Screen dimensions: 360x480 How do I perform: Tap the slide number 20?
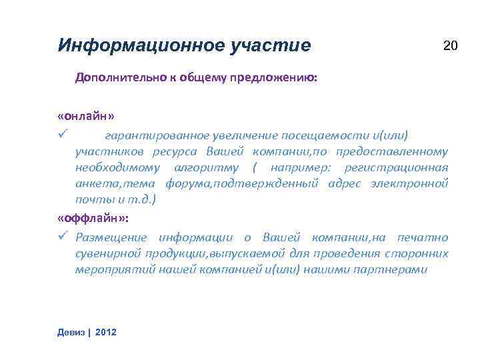[x=451, y=45]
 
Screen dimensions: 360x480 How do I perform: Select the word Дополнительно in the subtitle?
[x=111, y=77]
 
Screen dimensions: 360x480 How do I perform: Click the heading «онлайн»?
[x=86, y=116]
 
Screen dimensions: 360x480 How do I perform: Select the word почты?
[x=91, y=199]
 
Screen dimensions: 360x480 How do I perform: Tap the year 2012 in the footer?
[x=106, y=331]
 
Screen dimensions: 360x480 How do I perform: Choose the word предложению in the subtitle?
[x=281, y=77]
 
